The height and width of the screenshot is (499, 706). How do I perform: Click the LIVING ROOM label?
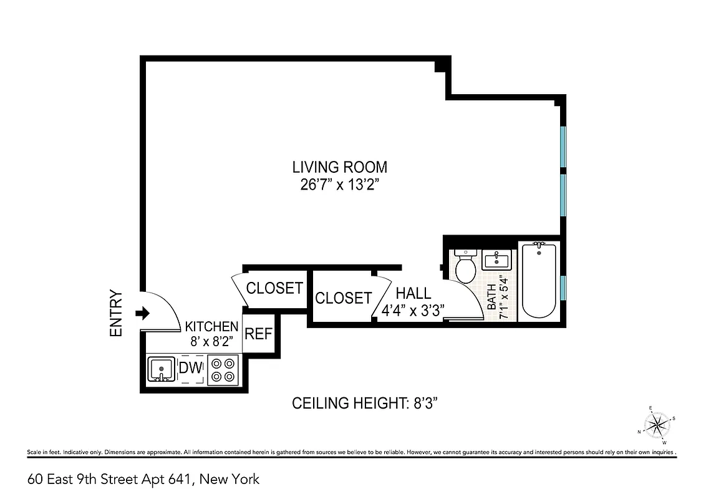[340, 167]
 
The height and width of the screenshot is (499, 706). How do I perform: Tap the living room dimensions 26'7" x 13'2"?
[340, 185]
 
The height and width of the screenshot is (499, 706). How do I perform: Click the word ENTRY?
[117, 314]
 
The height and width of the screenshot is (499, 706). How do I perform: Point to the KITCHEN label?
[212, 326]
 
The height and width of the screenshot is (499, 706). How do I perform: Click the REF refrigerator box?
[258, 334]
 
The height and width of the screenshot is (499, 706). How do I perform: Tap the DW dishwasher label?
[191, 368]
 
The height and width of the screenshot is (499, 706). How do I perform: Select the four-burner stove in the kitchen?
[223, 369]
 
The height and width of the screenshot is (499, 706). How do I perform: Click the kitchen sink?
[162, 369]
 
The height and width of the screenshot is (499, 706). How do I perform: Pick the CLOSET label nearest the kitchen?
[274, 288]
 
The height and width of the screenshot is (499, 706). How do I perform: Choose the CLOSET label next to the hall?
[343, 298]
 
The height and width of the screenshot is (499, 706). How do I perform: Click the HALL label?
[413, 293]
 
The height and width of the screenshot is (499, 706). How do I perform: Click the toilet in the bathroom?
[466, 266]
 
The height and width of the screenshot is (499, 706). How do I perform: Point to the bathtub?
[539, 280]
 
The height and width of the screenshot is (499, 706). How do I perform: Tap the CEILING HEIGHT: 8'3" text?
[370, 404]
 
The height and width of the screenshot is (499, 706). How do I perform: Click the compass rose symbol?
[656, 425]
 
